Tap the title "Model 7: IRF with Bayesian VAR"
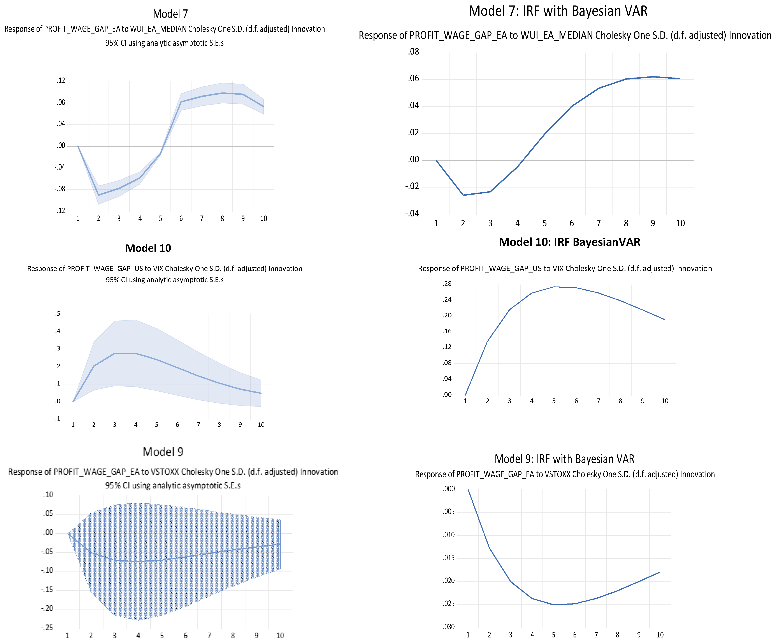[558, 11]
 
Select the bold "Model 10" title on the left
[148, 248]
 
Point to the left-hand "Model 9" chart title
[163, 452]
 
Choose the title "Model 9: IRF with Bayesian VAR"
[564, 459]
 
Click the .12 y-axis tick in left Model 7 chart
[61, 81]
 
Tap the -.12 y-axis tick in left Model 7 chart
[60, 211]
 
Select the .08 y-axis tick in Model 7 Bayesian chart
[414, 52]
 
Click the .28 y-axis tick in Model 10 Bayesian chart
[447, 284]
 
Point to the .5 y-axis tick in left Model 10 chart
[58, 314]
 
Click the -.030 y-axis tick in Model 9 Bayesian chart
[448, 627]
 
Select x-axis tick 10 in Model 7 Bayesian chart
[680, 223]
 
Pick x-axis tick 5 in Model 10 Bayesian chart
[554, 401]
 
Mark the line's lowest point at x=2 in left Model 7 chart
[98, 195]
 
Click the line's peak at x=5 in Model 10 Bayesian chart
[554, 287]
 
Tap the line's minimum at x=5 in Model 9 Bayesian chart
[553, 604]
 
